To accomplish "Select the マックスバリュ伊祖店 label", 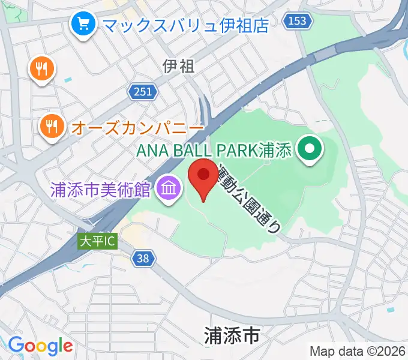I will coord(185,25).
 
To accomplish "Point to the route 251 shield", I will coord(143,91).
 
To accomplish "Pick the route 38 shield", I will coord(143,259).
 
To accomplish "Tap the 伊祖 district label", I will coord(179,66).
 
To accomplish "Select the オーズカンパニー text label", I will coord(137,128).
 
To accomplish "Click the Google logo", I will coord(40,346).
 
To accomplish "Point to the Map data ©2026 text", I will coord(358,352).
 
